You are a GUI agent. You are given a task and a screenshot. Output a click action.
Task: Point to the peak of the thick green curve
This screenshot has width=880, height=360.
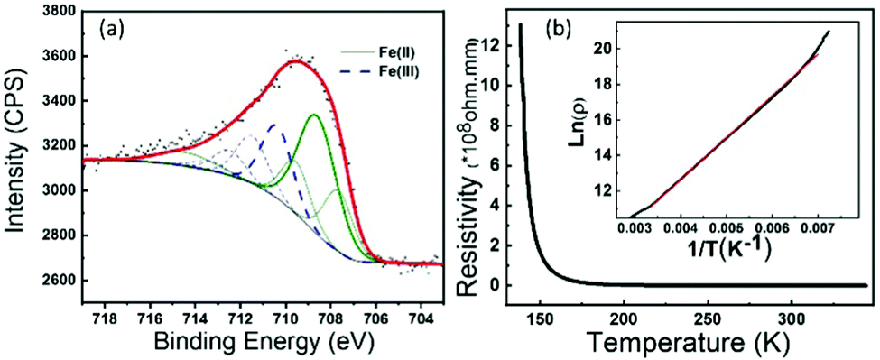[x=313, y=115]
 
